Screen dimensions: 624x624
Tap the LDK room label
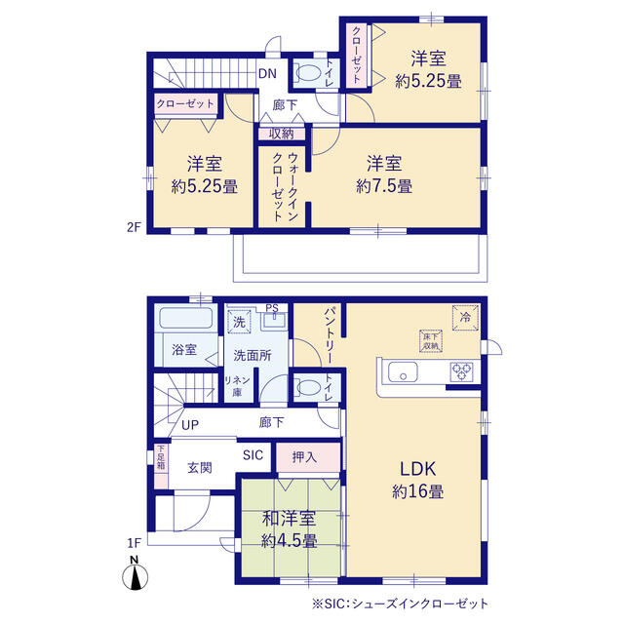click(418, 469)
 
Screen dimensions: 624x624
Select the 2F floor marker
click(135, 227)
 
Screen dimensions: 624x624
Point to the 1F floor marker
click(135, 543)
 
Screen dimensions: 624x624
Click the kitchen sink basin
click(403, 371)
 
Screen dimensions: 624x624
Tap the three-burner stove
click(461, 371)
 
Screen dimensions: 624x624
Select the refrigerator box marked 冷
click(465, 318)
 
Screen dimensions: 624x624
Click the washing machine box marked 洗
click(239, 321)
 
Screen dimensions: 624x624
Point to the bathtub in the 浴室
click(186, 318)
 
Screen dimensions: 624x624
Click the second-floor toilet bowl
click(309, 73)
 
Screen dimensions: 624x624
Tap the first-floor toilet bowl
click(308, 387)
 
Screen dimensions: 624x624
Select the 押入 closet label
click(304, 457)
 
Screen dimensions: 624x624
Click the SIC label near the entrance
click(253, 455)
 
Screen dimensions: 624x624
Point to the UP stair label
click(190, 425)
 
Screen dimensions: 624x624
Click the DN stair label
click(267, 74)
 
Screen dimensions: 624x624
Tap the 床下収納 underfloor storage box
click(431, 341)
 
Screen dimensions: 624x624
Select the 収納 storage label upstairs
click(282, 134)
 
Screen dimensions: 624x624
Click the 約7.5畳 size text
click(384, 186)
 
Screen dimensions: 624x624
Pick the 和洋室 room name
click(289, 519)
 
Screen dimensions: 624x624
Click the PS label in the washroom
click(272, 308)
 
